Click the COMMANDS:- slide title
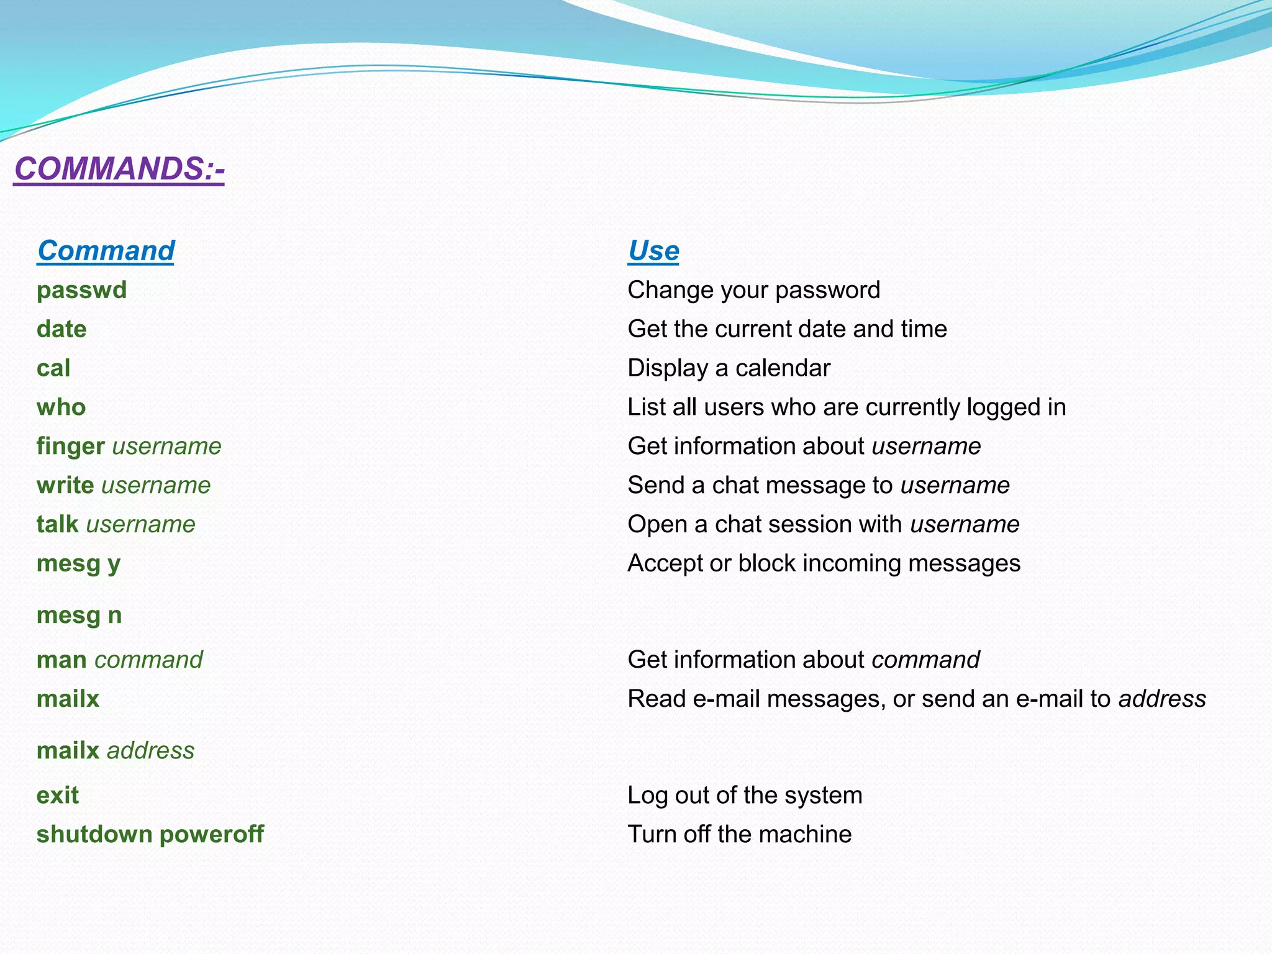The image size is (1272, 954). tap(119, 169)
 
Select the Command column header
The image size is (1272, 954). tap(106, 251)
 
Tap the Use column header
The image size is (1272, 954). tap(653, 251)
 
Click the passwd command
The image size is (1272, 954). tap(81, 291)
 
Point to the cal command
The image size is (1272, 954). tap(53, 368)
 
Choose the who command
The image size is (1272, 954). tap(61, 407)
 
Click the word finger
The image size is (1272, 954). tap(70, 447)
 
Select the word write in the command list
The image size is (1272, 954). tap(65, 486)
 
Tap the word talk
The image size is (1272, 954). tap(57, 525)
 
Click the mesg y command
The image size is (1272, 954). tap(78, 564)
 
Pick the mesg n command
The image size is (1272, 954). tap(79, 616)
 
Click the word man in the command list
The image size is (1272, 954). tap(61, 660)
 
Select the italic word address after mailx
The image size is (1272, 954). tap(151, 751)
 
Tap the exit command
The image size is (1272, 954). tap(58, 796)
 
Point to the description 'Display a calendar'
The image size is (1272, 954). tap(729, 368)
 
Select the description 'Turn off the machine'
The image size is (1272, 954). tap(739, 835)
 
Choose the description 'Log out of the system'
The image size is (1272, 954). tap(745, 796)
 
